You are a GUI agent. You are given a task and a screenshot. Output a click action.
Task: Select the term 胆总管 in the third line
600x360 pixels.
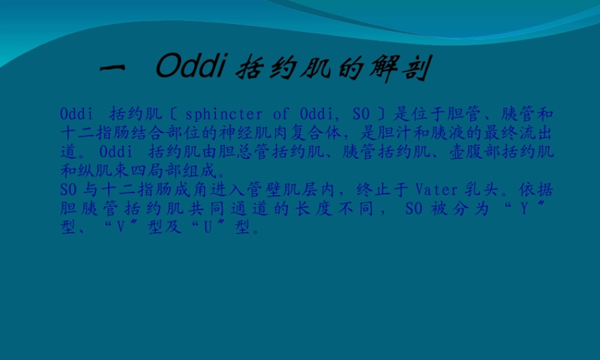pyautogui.click(x=240, y=150)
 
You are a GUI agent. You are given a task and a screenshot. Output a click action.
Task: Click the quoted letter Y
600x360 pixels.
pyautogui.click(x=531, y=209)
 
